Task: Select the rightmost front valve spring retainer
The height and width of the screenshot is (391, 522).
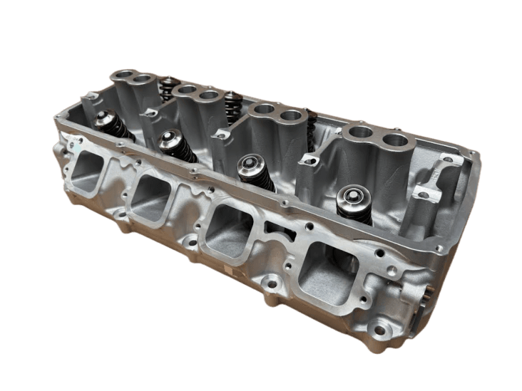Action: pyautogui.click(x=353, y=196)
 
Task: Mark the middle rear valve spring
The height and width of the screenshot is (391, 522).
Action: pyautogui.click(x=233, y=104)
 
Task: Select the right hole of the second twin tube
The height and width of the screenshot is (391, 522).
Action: pyautogui.click(x=209, y=95)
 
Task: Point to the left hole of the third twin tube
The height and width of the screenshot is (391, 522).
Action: pyautogui.click(x=264, y=109)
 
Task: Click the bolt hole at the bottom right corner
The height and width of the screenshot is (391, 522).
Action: pyautogui.click(x=378, y=330)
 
